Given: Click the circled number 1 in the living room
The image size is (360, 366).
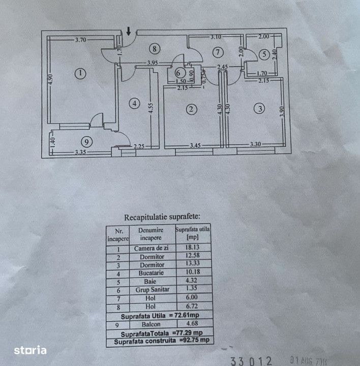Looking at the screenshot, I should [x=80, y=73].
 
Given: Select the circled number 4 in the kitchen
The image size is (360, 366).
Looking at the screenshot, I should [x=134, y=104].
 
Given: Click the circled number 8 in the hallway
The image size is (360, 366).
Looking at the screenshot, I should [x=155, y=49].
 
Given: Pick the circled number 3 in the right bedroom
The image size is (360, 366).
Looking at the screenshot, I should [x=260, y=108].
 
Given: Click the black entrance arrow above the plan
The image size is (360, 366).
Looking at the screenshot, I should [x=129, y=30].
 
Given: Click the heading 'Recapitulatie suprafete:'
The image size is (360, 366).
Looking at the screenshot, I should [x=159, y=216].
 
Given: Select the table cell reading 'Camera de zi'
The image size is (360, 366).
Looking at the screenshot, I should [x=152, y=248].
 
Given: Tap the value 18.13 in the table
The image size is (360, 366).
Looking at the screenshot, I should [x=193, y=248].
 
